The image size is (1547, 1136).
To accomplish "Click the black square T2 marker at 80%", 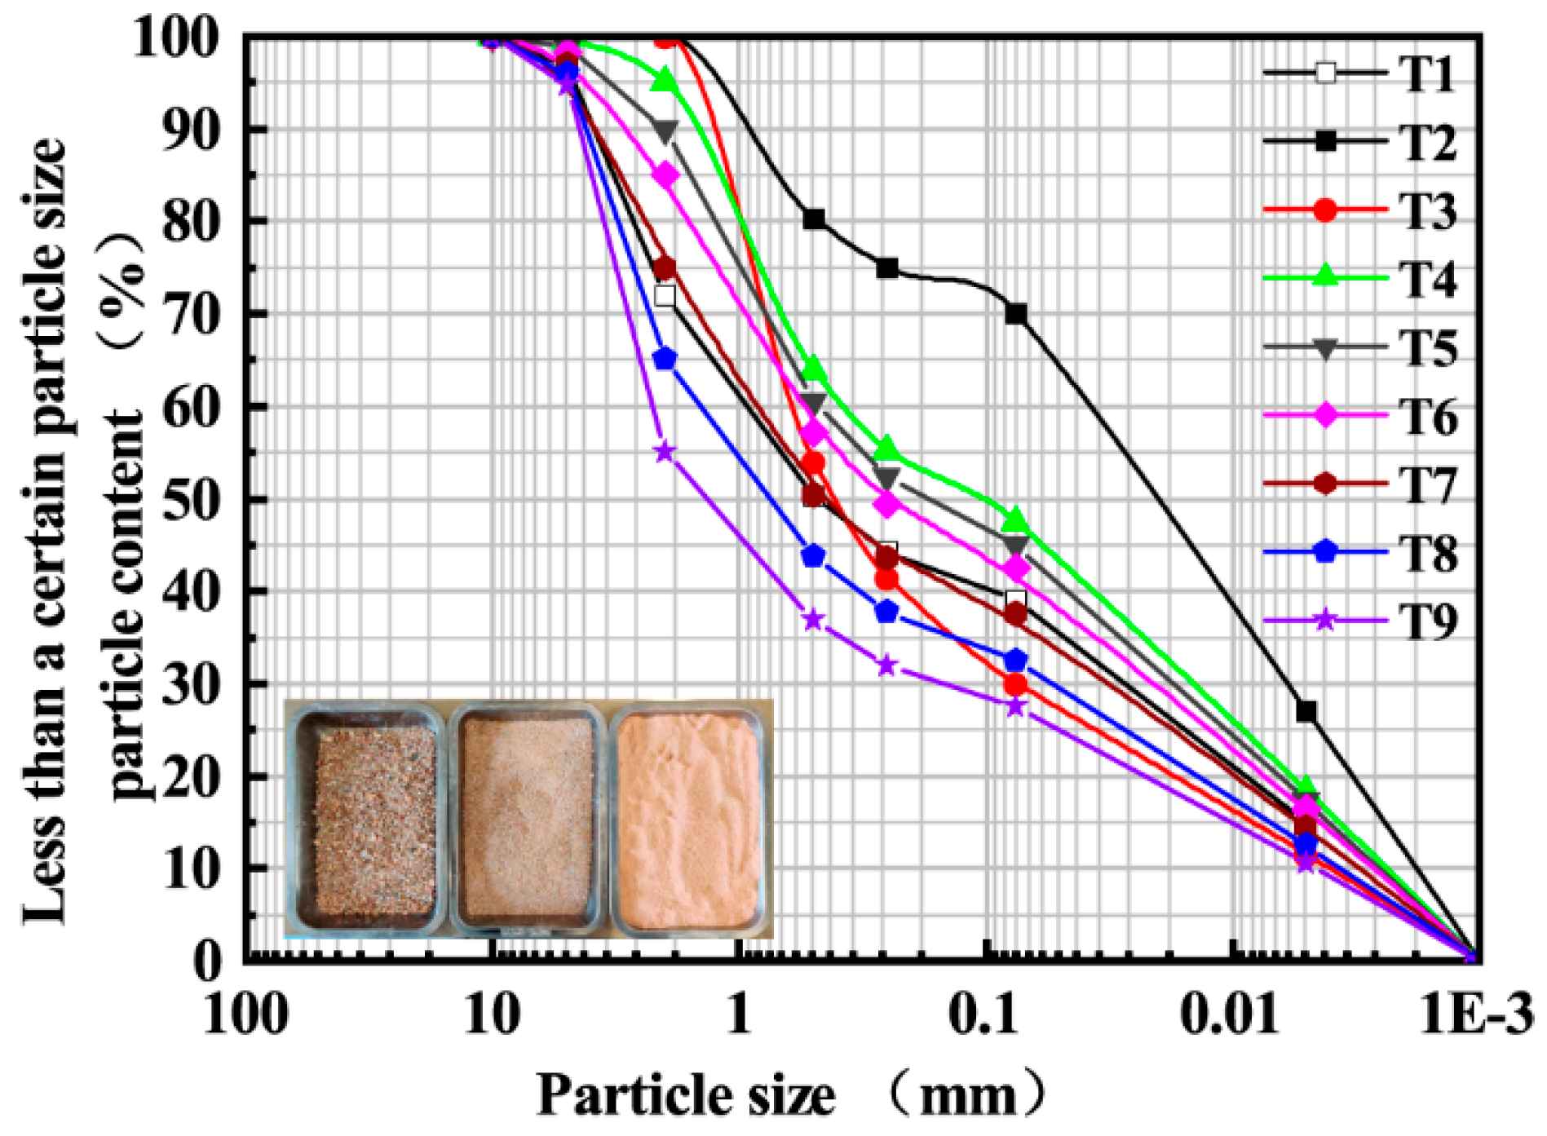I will tap(813, 219).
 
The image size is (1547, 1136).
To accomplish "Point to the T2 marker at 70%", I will tap(1015, 314).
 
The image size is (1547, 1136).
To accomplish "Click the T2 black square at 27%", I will tap(1306, 711).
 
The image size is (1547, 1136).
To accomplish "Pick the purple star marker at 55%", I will tap(665, 452).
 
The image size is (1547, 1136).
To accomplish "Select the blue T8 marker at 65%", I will tap(665, 359).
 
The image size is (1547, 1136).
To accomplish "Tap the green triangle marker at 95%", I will tap(665, 81).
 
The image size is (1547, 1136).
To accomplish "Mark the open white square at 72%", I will tap(665, 296).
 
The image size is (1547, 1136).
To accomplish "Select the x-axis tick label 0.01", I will tap(1230, 1015).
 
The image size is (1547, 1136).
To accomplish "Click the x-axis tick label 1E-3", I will tap(1476, 1015).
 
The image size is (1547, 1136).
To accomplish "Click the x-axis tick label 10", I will tap(492, 1015).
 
